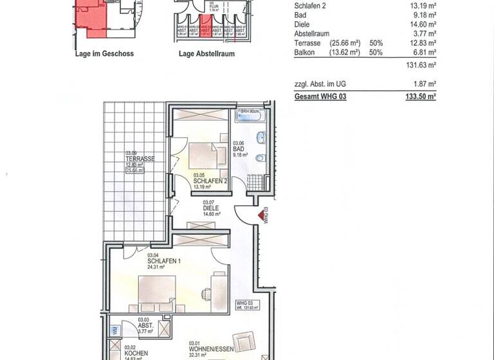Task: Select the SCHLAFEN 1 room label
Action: coord(163,261)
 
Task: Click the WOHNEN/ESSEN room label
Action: coord(207,350)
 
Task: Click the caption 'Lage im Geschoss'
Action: coord(104,54)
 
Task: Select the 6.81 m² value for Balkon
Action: coord(424,52)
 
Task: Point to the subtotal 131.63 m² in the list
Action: coord(422,65)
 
